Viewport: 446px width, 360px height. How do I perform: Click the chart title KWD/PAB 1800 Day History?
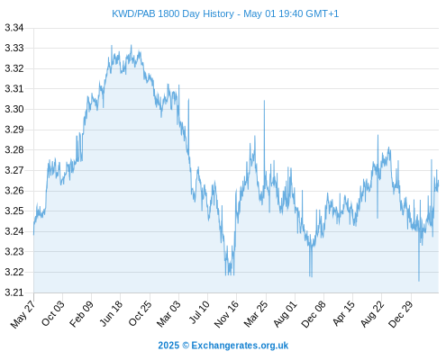tap(173, 13)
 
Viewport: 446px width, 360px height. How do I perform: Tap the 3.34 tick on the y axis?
tap(14, 28)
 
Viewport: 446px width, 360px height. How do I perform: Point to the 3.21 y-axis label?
tap(14, 292)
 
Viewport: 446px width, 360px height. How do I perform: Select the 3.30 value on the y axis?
tap(14, 109)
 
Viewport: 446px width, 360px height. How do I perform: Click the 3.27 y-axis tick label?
tap(14, 170)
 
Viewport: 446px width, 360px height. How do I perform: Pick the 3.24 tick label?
tap(14, 231)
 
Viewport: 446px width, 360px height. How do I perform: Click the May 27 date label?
tap(23, 314)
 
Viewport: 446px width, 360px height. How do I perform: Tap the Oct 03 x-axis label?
tap(52, 313)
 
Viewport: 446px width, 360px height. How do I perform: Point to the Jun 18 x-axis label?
tap(111, 313)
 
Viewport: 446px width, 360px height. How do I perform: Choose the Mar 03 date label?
tap(168, 313)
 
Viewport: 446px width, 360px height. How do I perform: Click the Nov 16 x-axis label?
tap(226, 314)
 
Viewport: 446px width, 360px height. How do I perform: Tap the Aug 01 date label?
tap(285, 313)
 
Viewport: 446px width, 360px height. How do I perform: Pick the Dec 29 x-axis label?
tap(400, 314)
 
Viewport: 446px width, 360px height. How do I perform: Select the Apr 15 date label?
tap(343, 313)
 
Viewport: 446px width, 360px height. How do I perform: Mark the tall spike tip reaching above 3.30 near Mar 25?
tap(264, 101)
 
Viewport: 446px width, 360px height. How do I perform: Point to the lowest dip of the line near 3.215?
tap(419, 281)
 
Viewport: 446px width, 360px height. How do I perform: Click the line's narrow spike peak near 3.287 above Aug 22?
tap(378, 135)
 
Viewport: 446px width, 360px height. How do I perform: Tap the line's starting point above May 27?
tap(33, 235)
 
